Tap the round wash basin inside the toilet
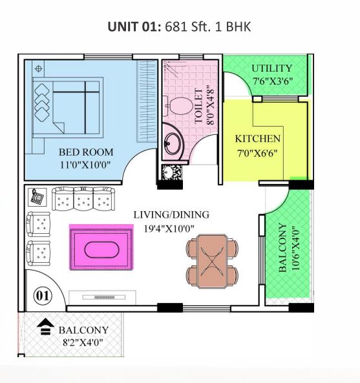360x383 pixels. pyautogui.click(x=173, y=143)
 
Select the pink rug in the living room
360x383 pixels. pyautogui.click(x=101, y=247)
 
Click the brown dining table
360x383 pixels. pyautogui.click(x=211, y=261)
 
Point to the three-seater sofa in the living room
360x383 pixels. pyautogui.click(x=83, y=198)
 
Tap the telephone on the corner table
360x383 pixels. pyautogui.click(x=37, y=196)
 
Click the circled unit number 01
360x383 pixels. pyautogui.click(x=43, y=296)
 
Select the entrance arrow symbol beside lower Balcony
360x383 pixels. pyautogui.click(x=45, y=327)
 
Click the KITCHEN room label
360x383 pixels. pyautogui.click(x=258, y=139)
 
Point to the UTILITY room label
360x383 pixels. pyautogui.click(x=271, y=68)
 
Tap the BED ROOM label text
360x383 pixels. pyautogui.click(x=86, y=152)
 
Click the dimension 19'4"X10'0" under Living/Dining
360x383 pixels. pyautogui.click(x=169, y=229)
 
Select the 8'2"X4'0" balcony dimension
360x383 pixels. pyautogui.click(x=83, y=342)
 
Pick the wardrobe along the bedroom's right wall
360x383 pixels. pyautogui.click(x=147, y=101)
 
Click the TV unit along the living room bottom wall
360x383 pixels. pyautogui.click(x=102, y=298)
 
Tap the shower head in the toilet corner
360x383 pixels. pyautogui.click(x=171, y=68)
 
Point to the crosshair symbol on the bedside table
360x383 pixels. pyautogui.click(x=38, y=68)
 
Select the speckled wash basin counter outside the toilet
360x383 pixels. pyautogui.click(x=172, y=172)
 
